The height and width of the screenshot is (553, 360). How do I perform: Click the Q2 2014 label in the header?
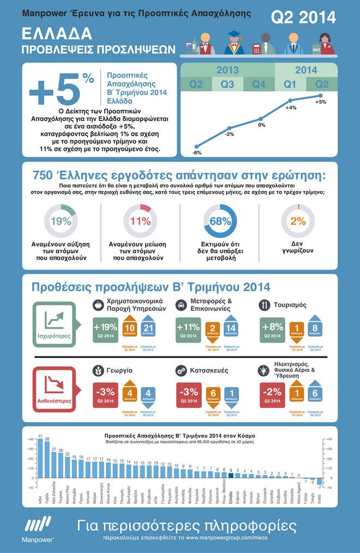coord(303,17)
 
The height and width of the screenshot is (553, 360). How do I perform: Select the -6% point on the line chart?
coord(196,147)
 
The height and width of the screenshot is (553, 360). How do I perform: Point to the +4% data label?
coord(290,108)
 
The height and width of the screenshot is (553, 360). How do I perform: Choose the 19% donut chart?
coord(61,221)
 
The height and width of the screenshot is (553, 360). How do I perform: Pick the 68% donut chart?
coord(220,221)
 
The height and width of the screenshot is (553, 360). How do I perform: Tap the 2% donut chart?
coord(298,221)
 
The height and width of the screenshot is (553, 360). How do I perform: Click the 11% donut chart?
coord(140,221)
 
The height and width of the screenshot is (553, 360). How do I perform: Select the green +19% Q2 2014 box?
coord(105,330)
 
